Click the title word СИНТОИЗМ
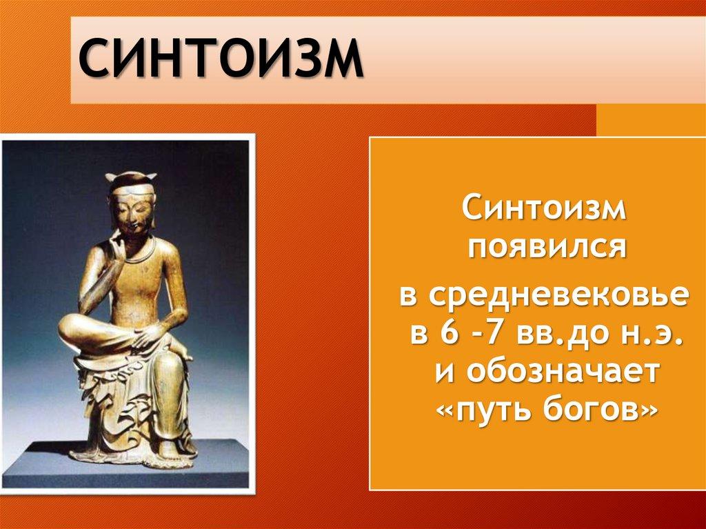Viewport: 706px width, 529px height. pos(221,58)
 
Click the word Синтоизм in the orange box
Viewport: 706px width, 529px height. pos(544,208)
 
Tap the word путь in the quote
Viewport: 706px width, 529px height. pos(495,410)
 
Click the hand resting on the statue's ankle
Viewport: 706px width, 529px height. pos(151,336)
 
